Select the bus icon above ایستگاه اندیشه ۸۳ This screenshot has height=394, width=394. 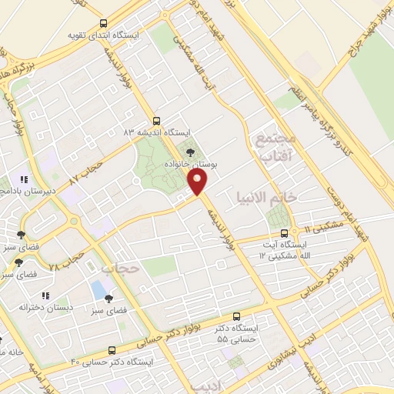click(x=157, y=121)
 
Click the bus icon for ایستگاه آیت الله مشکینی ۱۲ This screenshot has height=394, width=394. click(x=285, y=232)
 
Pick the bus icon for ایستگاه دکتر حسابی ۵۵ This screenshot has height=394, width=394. click(x=235, y=316)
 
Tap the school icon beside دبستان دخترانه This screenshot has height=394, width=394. click(x=45, y=295)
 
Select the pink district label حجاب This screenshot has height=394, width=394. click(x=118, y=269)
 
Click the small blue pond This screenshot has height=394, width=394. click(x=98, y=290)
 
